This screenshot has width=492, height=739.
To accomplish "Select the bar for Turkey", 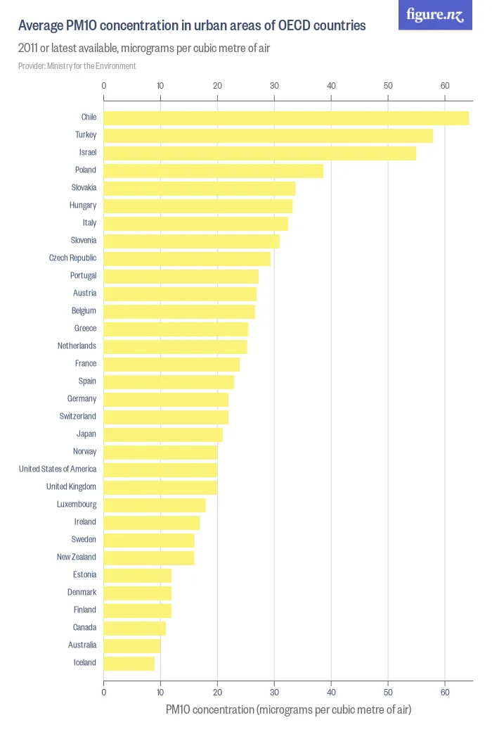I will point(268,135).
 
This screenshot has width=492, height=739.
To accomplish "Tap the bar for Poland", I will point(214,170).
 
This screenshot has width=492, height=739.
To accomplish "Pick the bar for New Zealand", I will point(149,557).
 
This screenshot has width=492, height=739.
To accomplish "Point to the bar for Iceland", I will point(129,663).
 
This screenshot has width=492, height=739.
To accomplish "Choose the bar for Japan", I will point(163,434).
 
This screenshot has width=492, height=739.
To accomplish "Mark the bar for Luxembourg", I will point(155,505).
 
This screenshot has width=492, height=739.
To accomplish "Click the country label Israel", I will point(87,152).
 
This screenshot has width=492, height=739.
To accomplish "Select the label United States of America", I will point(58,469).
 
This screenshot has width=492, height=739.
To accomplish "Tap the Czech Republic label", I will point(72,258).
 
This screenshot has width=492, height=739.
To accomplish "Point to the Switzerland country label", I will point(77,416).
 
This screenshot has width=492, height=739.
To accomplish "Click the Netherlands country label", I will point(77,346).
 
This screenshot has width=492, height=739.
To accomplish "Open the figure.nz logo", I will point(435,15).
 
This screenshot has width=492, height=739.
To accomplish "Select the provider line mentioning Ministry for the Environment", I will point(77,66).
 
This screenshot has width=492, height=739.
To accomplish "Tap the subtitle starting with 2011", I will point(144,49).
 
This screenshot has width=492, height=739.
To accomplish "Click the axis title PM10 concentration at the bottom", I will point(288,709).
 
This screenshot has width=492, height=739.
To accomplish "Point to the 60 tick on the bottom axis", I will point(445,693).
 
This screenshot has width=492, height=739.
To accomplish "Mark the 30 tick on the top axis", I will point(274,86).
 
